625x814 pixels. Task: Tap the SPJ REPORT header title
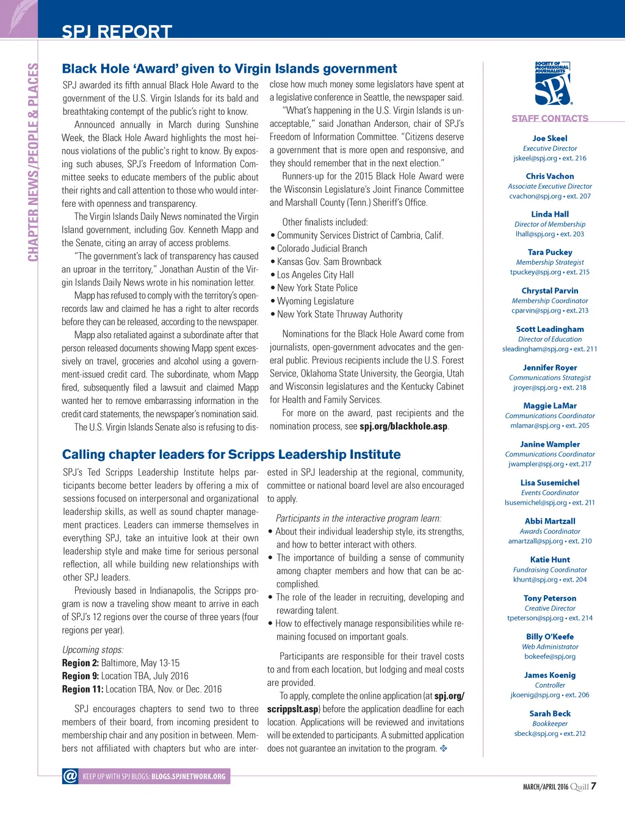click(x=117, y=32)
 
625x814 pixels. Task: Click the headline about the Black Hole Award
click(x=229, y=69)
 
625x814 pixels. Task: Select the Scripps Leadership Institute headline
click(x=231, y=455)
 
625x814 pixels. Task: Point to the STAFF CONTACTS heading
click(x=550, y=118)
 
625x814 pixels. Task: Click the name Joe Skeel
click(x=550, y=139)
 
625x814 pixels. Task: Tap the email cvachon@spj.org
click(x=535, y=196)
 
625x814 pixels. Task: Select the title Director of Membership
click(x=550, y=225)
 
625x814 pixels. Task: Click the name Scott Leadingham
click(x=550, y=330)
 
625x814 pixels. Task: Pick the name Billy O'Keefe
click(x=550, y=637)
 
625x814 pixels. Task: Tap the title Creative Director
click(x=550, y=608)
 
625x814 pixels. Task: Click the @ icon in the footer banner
click(x=70, y=776)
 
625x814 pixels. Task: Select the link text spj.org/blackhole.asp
click(x=403, y=427)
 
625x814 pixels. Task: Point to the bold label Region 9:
click(x=80, y=676)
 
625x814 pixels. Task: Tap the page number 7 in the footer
click(x=593, y=786)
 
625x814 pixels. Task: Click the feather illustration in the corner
click(x=18, y=18)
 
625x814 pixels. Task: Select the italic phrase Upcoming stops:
click(x=93, y=650)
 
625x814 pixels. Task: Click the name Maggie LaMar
click(x=550, y=406)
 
